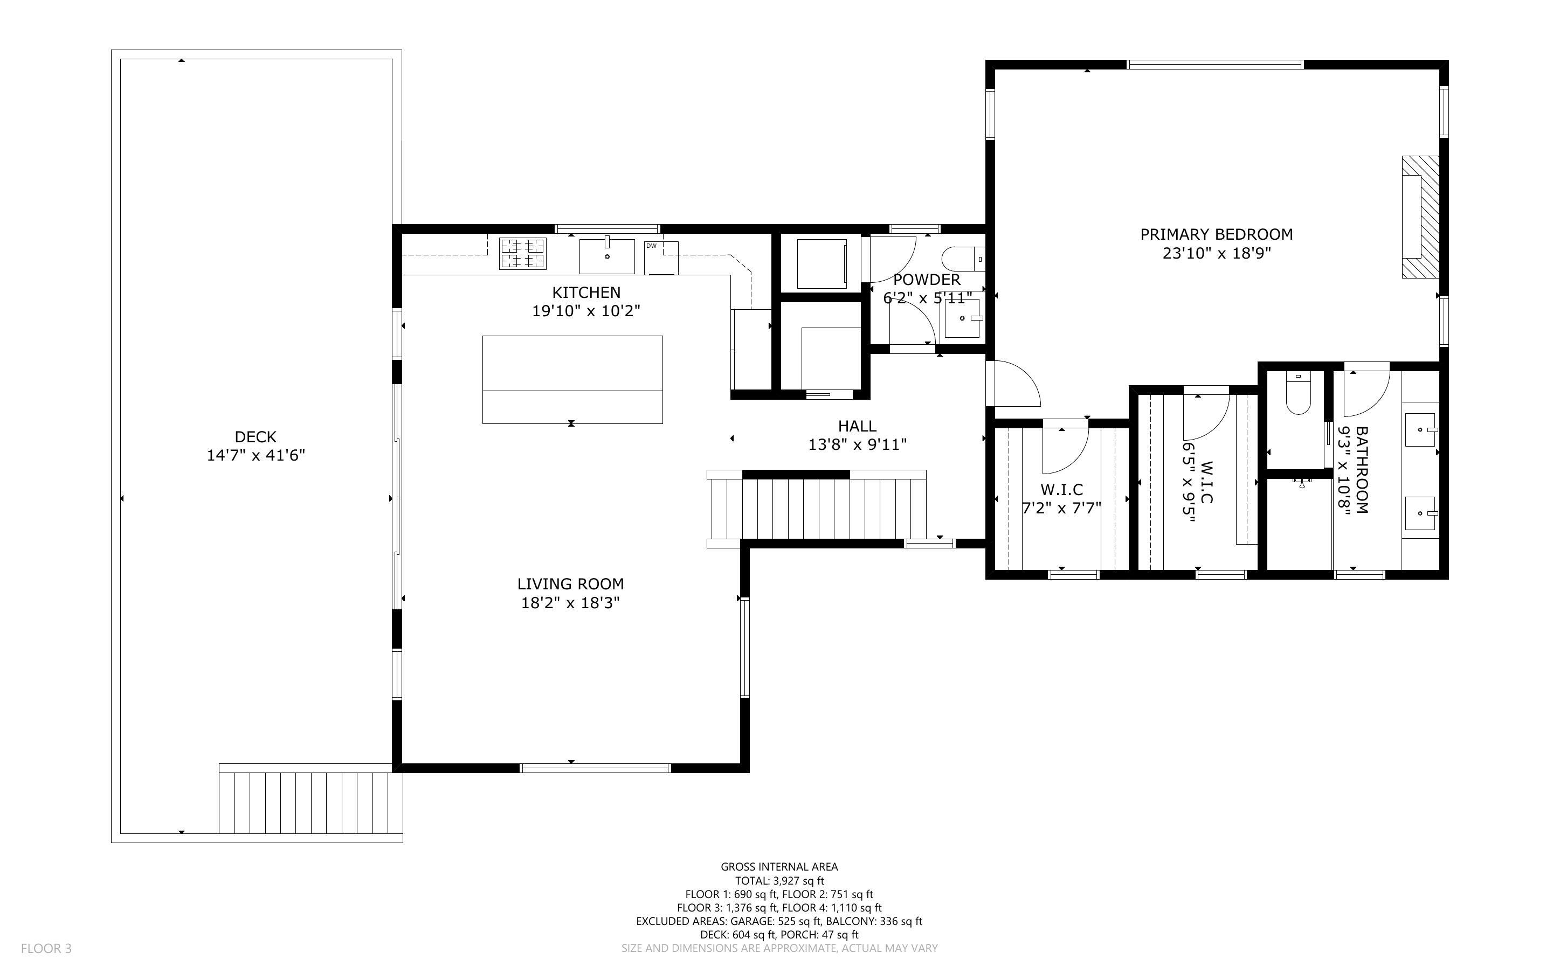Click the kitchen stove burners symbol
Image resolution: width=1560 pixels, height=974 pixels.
coord(522,253)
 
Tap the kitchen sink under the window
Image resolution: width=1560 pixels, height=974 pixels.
coord(606,256)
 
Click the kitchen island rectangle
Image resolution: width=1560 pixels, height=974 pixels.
coord(572,379)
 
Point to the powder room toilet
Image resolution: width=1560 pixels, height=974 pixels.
coord(963,260)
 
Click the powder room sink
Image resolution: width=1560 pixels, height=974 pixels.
coord(963,318)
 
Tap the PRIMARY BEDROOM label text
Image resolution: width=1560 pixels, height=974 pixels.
coord(1216,234)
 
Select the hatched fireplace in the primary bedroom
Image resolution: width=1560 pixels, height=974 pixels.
coord(1421,217)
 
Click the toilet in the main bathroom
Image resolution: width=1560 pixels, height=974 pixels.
coord(1297,394)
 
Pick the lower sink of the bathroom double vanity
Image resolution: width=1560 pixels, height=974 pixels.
coord(1419,513)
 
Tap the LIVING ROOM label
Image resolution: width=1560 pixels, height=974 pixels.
coord(570,583)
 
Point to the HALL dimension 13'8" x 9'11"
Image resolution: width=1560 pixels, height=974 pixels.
coord(857,444)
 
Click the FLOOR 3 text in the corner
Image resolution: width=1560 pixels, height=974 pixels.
coord(46,948)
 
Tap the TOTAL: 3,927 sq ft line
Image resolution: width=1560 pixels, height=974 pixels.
coord(779,881)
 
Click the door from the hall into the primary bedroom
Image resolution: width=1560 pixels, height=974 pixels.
coord(1015,385)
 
